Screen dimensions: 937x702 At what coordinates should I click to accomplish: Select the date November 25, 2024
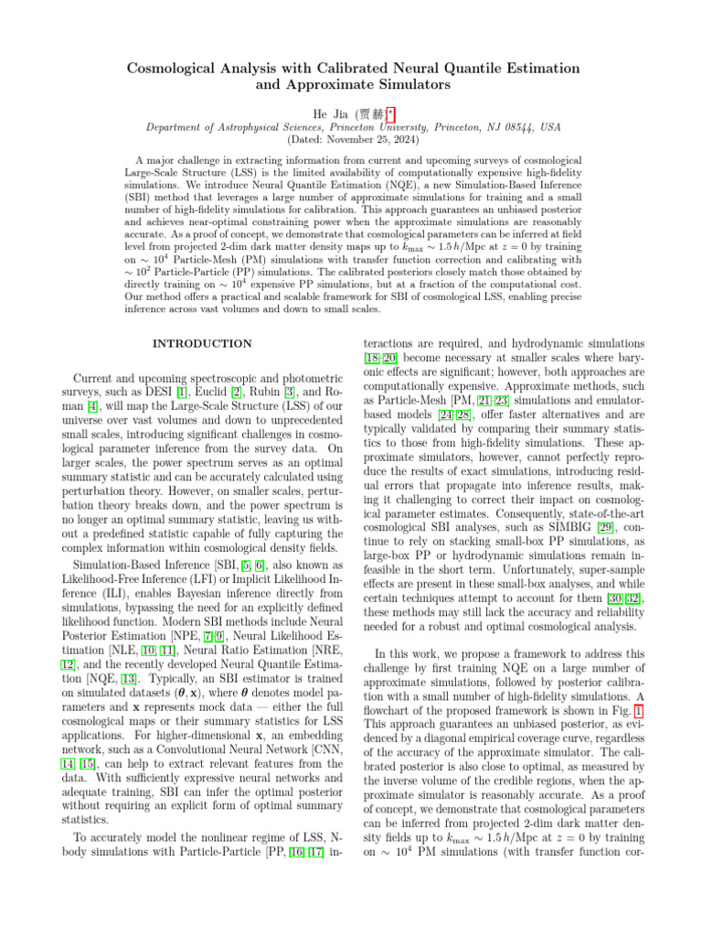click(x=363, y=140)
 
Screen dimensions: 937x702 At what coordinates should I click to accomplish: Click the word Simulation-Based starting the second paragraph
click(x=108, y=566)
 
